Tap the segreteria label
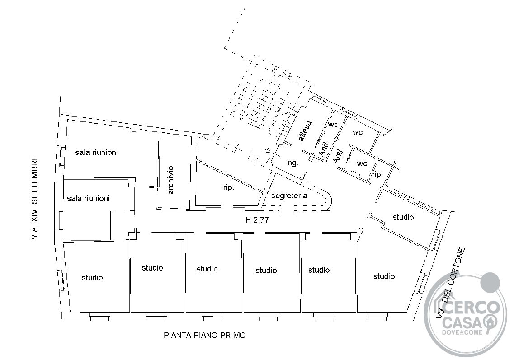pos(289,196)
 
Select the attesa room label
pos(305,131)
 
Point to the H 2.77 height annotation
pos(257,220)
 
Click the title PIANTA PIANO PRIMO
pos(204,336)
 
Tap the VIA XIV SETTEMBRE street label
pos(35,198)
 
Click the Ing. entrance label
pos(292,163)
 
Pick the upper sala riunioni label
pos(96,152)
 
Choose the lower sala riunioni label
pos(88,198)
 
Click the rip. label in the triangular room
pos(228,187)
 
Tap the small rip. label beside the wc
pos(377,174)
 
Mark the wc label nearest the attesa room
pos(333,125)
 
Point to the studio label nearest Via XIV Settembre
pos(92,278)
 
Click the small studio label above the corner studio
pos(403,217)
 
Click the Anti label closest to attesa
pos(324,149)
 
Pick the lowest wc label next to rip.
pos(362,163)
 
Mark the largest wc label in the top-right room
pos(357,132)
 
